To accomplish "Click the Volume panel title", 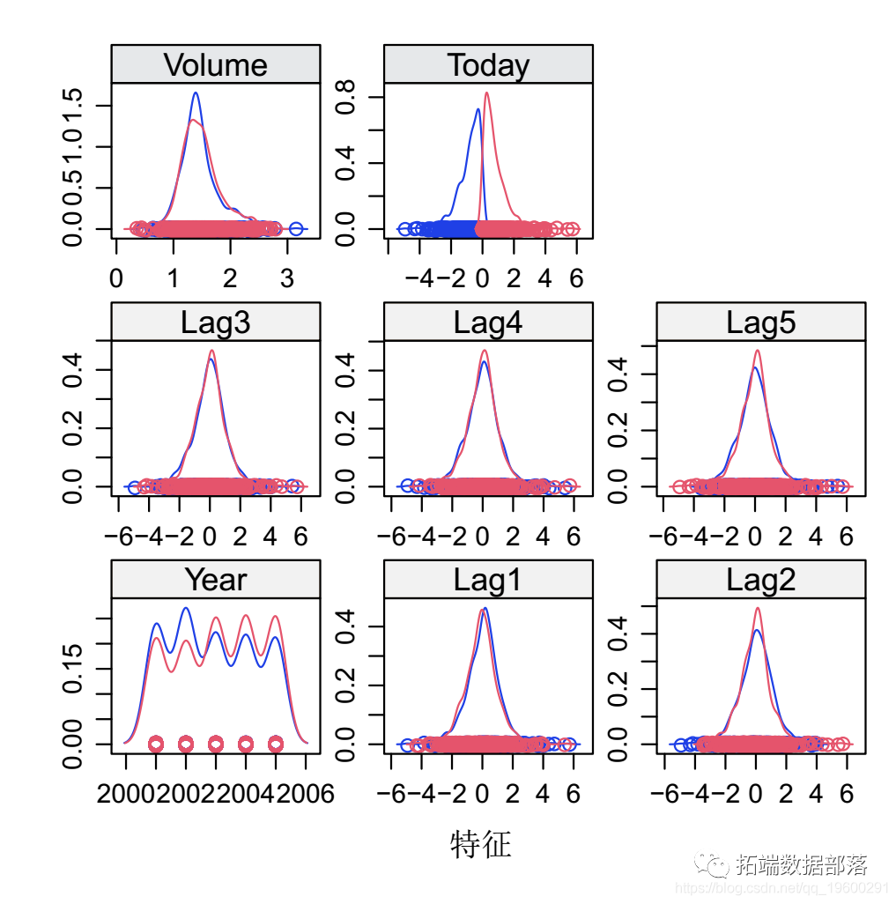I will point(215,65).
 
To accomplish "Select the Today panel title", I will point(488,65).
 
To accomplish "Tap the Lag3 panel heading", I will point(215,322).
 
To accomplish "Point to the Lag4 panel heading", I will point(488,322).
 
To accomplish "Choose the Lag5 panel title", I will point(760,322).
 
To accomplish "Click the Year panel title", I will point(215,580).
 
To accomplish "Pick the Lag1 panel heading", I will point(488,580).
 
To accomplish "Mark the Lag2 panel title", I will point(760,580).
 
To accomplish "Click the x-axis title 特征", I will point(480,845).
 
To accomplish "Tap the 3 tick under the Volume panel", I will point(286,279).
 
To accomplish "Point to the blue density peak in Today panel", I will point(478,110).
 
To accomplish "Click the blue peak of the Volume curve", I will point(196,93).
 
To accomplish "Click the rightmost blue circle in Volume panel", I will point(296,229).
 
